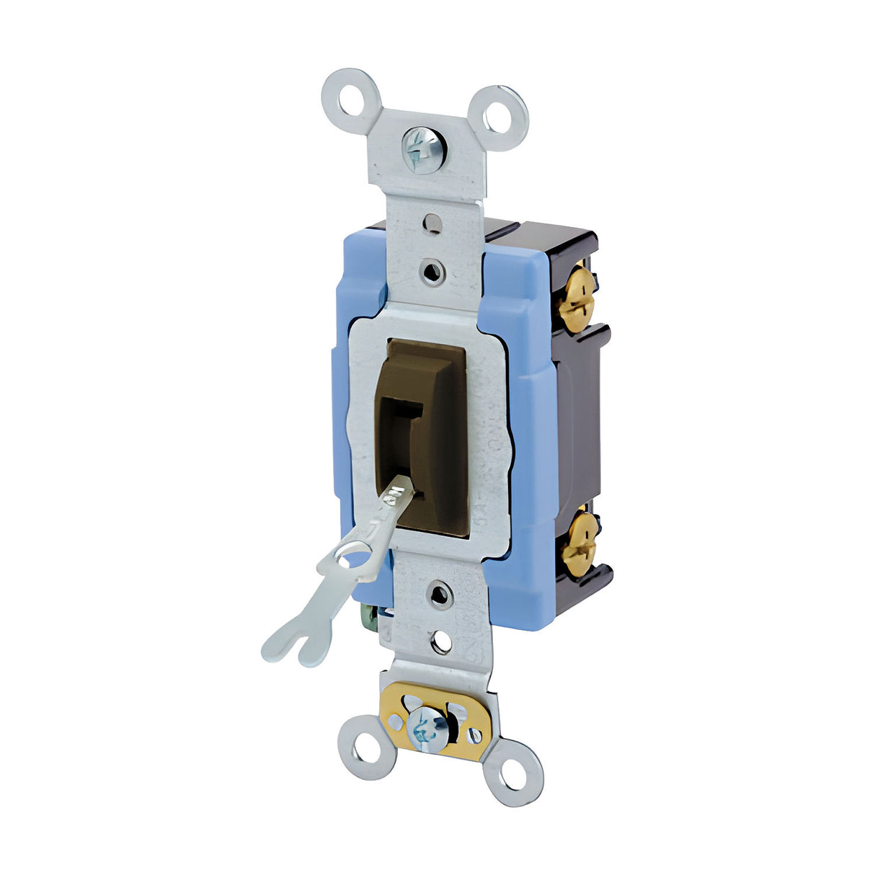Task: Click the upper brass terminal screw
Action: [x=577, y=298]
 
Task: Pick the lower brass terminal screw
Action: [x=579, y=543]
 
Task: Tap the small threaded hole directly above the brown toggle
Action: [x=431, y=272]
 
